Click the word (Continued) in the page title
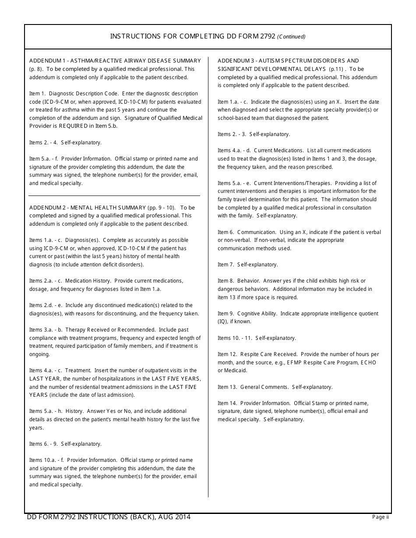(x=291, y=37)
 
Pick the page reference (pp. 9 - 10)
(x=161, y=207)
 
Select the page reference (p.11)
(x=337, y=69)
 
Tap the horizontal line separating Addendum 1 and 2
(x=114, y=196)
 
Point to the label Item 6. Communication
(x=247, y=232)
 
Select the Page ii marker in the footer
(x=380, y=517)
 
